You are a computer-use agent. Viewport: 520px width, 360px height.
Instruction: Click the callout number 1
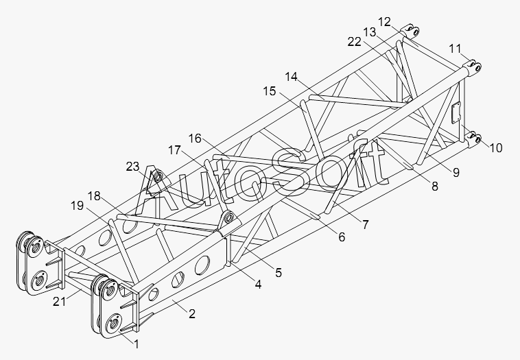coord(137,342)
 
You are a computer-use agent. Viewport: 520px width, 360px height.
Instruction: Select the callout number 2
coord(192,314)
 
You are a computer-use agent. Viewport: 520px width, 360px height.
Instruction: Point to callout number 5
coord(278,272)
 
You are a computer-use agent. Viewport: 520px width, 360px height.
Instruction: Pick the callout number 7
coord(366,224)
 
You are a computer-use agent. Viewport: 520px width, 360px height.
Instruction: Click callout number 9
coord(456,172)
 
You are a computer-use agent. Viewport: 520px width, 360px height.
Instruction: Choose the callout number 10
coord(496,147)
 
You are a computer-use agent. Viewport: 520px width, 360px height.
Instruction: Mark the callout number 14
coord(292,77)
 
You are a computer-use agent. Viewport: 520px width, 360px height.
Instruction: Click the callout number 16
coord(195,138)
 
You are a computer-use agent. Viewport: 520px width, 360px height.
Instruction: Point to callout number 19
coord(77,205)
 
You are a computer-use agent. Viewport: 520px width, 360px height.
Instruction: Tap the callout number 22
coord(354,42)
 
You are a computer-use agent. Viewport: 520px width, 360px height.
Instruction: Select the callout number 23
coord(133,166)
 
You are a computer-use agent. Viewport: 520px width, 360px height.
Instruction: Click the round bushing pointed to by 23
coord(157,179)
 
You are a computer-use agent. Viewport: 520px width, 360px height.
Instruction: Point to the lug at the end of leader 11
coord(475,67)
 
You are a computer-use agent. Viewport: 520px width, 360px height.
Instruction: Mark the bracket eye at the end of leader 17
coord(228,219)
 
